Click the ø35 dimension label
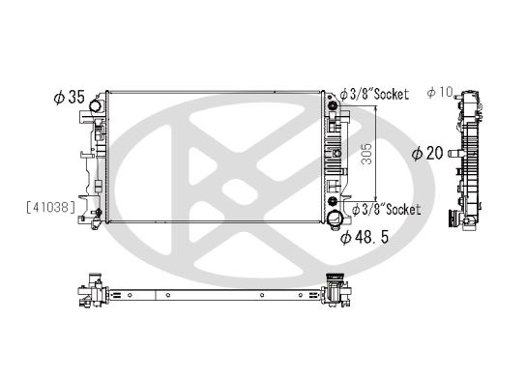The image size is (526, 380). point(70,98)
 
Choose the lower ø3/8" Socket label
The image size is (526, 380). point(385,209)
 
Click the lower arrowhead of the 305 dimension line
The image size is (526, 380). point(376,202)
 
